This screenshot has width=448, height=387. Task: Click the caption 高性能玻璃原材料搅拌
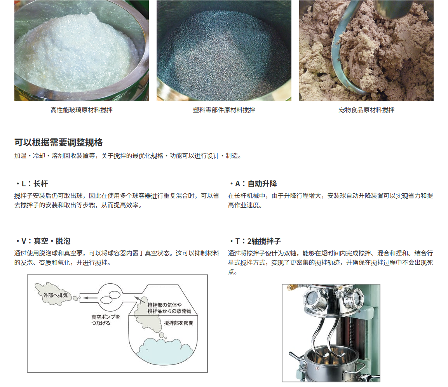[82, 110]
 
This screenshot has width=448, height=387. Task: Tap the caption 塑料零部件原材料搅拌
[224, 110]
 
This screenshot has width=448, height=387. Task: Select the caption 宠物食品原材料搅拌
[366, 110]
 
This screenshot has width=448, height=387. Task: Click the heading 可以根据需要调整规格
[59, 142]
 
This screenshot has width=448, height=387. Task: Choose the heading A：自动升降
[253, 184]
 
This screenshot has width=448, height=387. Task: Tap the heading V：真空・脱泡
[43, 241]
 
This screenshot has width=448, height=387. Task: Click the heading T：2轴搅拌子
[255, 241]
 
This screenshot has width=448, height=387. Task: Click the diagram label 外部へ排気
[56, 295]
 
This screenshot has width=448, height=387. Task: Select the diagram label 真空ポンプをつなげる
[105, 320]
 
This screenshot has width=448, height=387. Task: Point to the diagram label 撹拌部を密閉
[179, 323]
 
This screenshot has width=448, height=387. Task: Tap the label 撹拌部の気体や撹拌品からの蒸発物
[169, 308]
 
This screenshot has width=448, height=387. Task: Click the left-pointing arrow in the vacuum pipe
[91, 298]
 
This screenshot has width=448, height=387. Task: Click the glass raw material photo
[82, 51]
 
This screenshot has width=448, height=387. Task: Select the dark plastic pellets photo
[224, 51]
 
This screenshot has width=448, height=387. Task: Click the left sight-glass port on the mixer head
[313, 298]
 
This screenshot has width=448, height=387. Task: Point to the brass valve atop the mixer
[293, 287]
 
